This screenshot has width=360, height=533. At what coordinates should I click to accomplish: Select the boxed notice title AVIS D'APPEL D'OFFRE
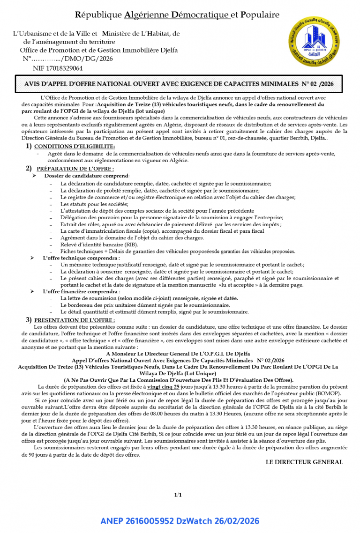pyautogui.click(x=178, y=85)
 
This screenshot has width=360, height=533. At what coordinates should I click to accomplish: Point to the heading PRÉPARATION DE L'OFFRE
pyautogui.click(x=75, y=169)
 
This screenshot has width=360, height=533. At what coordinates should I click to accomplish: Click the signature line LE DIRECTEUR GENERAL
pyautogui.click(x=304, y=462)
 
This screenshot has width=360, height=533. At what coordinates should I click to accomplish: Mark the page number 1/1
pyautogui.click(x=178, y=495)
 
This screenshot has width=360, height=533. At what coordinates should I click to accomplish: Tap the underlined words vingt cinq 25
pyautogui.click(x=163, y=387)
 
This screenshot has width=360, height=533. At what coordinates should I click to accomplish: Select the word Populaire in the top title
pyautogui.click(x=260, y=15)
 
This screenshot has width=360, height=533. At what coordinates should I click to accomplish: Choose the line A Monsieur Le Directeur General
pyautogui.click(x=178, y=353)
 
